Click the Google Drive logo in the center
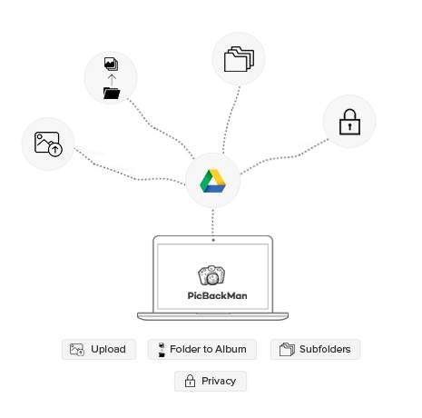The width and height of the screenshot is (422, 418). (212, 181)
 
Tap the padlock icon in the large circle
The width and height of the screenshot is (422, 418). (349, 122)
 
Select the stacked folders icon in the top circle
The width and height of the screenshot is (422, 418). (239, 59)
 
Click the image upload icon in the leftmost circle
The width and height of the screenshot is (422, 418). (48, 144)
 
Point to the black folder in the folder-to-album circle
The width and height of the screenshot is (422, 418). (112, 93)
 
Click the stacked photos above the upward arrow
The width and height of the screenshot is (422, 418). (111, 64)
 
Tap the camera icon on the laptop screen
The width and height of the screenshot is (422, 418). (211, 275)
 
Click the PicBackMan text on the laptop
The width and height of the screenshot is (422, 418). (217, 295)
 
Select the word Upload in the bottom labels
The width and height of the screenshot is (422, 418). (108, 349)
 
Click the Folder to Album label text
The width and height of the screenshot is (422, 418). (208, 349)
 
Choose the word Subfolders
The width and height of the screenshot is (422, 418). (325, 349)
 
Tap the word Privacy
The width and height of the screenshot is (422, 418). (219, 381)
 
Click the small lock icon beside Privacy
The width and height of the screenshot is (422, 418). (190, 381)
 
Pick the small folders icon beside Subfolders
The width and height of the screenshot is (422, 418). (287, 349)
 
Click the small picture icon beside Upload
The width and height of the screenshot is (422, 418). (77, 350)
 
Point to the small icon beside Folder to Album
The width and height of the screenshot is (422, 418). (162, 350)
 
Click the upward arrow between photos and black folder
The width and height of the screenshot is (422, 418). (112, 80)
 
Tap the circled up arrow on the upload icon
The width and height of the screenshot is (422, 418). (55, 150)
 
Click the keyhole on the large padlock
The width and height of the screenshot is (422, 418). (349, 126)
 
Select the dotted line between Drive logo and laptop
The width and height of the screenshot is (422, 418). (213, 224)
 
